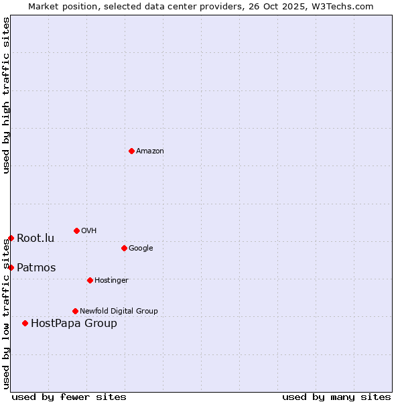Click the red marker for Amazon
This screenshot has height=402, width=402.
pyautogui.click(x=131, y=151)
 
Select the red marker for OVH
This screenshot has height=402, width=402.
pyautogui.click(x=76, y=230)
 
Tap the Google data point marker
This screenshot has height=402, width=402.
pyautogui.click(x=124, y=248)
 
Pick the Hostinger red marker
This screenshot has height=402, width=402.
pyautogui.click(x=90, y=280)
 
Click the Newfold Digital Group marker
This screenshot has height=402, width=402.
pyautogui.click(x=75, y=311)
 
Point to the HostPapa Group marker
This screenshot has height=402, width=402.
pyautogui.click(x=25, y=323)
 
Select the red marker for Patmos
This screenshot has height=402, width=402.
pyautogui.click(x=11, y=267)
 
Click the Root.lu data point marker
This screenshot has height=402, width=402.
pyautogui.click(x=11, y=238)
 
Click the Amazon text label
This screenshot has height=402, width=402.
pyautogui.click(x=150, y=151)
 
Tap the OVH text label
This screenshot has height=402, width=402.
pyautogui.click(x=89, y=231)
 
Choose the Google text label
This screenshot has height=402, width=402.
pyautogui.click(x=141, y=249)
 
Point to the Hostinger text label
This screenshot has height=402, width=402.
pyautogui.click(x=111, y=281)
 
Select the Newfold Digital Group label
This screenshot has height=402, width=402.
pyautogui.click(x=119, y=312)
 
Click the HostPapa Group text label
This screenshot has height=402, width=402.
pyautogui.click(x=74, y=324)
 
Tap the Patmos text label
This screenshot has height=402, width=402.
pyautogui.click(x=36, y=268)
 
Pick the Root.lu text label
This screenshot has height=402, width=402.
pyautogui.click(x=36, y=239)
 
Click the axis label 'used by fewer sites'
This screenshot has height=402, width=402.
pyautogui.click(x=69, y=397)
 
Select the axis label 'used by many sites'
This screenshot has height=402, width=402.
pyautogui.click(x=336, y=397)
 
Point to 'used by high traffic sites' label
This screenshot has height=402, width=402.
pyautogui.click(x=6, y=95)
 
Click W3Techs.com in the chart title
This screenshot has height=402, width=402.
pyautogui.click(x=340, y=7)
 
